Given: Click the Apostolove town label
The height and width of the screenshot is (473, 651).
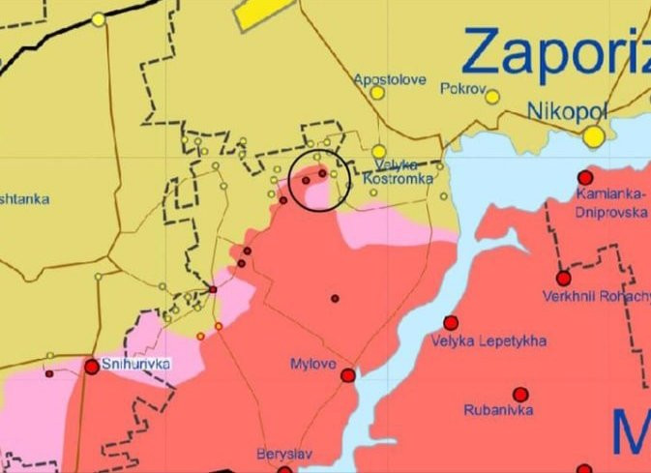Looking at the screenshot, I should click(x=390, y=79).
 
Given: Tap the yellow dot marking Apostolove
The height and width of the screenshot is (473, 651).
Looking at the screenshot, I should click(x=377, y=94).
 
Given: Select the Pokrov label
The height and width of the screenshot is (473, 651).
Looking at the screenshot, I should click(x=460, y=87).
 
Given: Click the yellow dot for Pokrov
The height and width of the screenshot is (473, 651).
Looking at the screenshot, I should click(x=492, y=97).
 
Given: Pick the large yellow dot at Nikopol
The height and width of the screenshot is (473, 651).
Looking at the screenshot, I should click(x=594, y=137).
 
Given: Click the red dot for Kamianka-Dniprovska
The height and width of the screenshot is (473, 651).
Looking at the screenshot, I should click(x=585, y=178).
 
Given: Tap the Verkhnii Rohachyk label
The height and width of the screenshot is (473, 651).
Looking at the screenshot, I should click(x=596, y=295).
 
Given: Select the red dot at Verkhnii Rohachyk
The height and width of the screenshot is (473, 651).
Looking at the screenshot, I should click(x=563, y=279).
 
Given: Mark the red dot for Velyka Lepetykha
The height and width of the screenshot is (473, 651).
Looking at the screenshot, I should click(x=450, y=323).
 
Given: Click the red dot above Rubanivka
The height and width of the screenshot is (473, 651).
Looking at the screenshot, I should click(x=520, y=395).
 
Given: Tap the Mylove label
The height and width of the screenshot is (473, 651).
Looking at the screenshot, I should click(x=311, y=364).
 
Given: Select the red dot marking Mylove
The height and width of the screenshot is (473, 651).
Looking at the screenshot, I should click(x=347, y=375).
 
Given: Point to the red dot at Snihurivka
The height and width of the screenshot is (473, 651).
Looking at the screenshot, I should click(x=92, y=367).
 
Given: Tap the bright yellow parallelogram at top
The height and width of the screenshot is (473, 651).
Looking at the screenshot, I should click(x=261, y=12).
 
